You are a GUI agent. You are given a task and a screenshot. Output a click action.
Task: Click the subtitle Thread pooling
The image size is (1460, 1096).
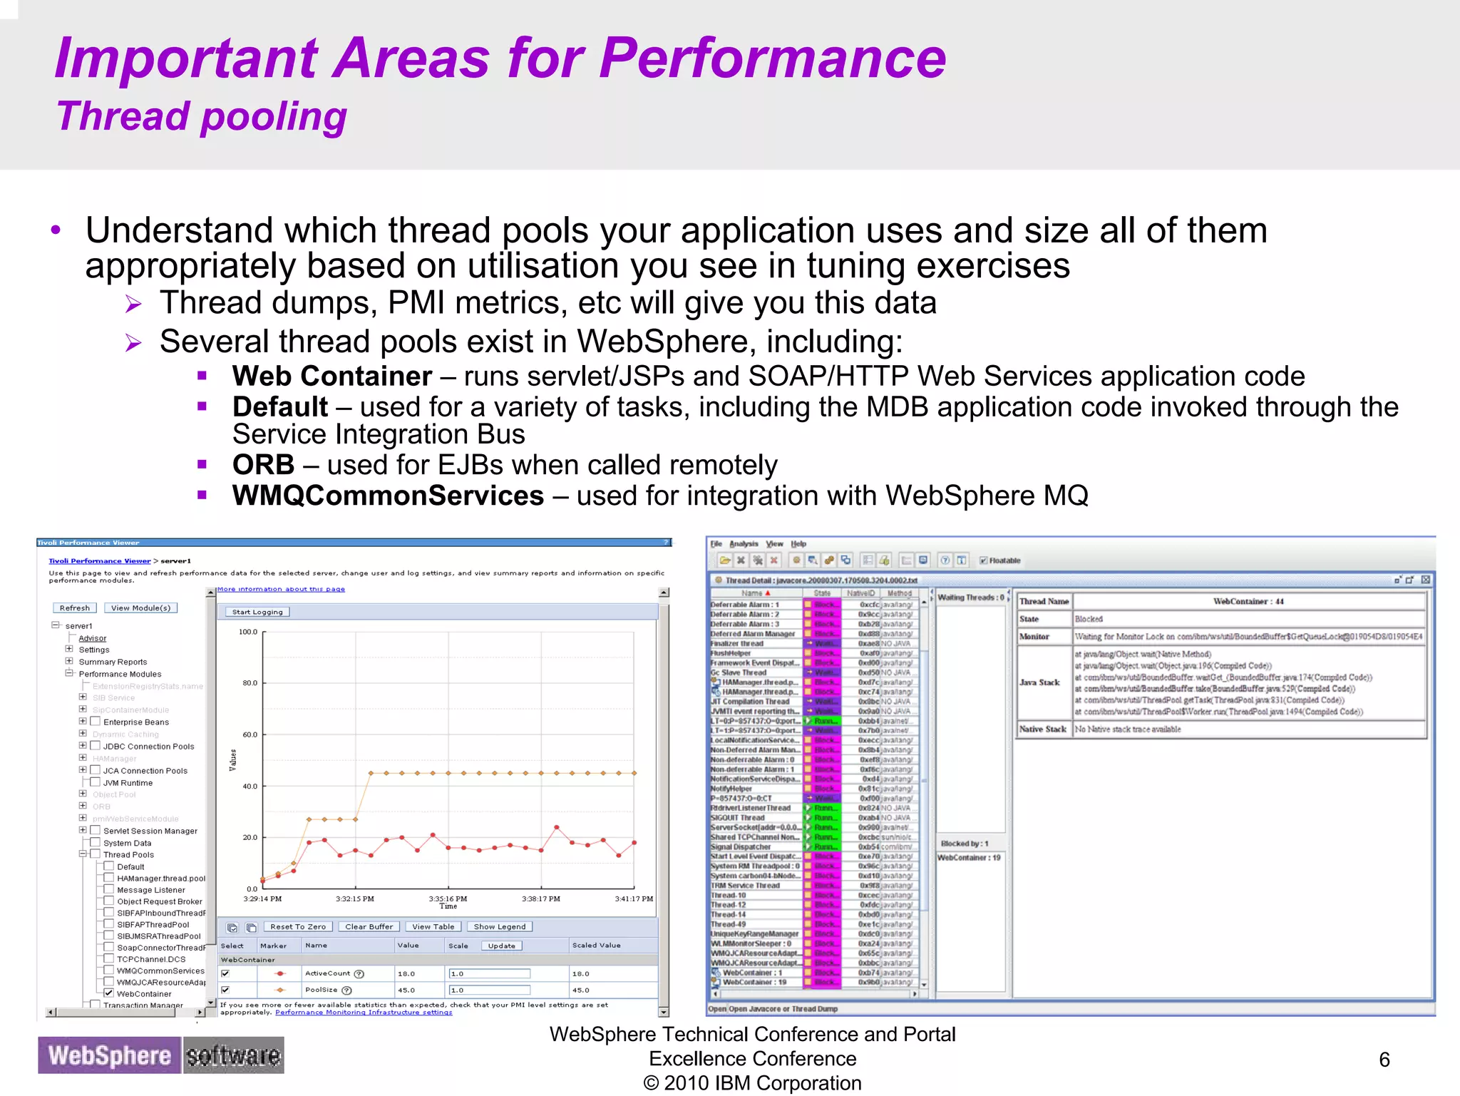tap(201, 117)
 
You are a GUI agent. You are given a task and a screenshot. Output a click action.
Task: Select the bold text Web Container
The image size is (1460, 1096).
tap(331, 376)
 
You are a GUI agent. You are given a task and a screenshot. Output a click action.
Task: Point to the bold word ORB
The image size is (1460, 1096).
tap(263, 465)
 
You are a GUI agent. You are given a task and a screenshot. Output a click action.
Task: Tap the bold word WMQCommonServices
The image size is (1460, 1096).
tap(388, 496)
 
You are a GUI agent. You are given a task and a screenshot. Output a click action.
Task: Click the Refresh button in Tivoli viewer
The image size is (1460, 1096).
tap(75, 608)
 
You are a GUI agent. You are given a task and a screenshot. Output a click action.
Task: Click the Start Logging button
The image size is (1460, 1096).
tap(257, 612)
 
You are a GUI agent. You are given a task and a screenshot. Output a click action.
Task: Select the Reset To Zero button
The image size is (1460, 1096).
tap(298, 927)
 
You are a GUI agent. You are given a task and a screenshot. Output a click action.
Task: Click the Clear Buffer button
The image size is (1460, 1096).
tap(369, 927)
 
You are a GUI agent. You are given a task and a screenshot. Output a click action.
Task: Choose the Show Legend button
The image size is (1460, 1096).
tap(499, 927)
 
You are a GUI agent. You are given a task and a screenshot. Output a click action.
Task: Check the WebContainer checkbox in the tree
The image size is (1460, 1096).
tap(109, 993)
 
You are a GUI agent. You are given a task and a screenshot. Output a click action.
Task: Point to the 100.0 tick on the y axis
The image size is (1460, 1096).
tap(248, 632)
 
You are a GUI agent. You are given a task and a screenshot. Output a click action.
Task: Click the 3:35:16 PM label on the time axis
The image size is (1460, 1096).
tap(448, 898)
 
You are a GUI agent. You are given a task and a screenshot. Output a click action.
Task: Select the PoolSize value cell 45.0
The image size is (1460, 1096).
tap(407, 990)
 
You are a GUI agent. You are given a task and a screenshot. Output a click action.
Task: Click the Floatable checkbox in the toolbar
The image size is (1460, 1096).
tap(983, 560)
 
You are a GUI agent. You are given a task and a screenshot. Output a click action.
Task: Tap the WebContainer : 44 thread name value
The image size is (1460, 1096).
tap(1248, 601)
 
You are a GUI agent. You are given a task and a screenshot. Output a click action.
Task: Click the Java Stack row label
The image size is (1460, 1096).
tap(1039, 682)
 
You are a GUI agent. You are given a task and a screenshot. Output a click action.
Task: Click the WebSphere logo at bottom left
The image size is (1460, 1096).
tap(109, 1055)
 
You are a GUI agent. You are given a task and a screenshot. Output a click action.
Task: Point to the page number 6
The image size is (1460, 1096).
tap(1384, 1060)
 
